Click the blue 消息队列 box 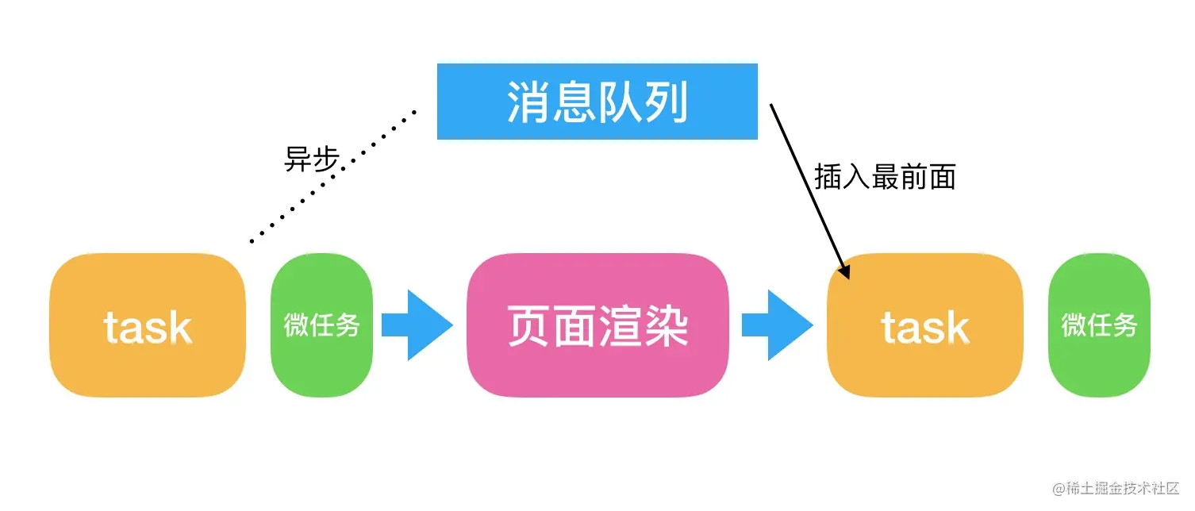pyautogui.click(x=597, y=102)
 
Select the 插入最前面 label pyautogui.click(x=884, y=177)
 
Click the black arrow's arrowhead pyautogui.click(x=844, y=271)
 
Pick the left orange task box pyautogui.click(x=148, y=325)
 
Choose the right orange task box pyautogui.click(x=924, y=325)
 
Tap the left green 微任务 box pyautogui.click(x=321, y=325)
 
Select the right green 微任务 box pyautogui.click(x=1099, y=325)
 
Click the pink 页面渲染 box pyautogui.click(x=597, y=325)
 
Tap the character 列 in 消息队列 pyautogui.click(x=665, y=102)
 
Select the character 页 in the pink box pyautogui.click(x=529, y=327)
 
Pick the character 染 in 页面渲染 pyautogui.click(x=665, y=327)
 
